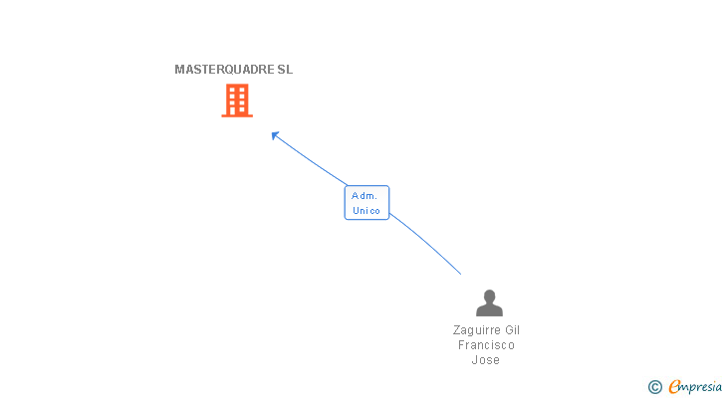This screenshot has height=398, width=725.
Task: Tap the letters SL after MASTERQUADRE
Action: [286, 70]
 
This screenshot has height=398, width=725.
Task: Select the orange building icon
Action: [237, 100]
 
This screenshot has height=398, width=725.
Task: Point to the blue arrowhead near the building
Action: [275, 135]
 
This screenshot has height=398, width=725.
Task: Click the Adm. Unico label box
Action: [366, 203]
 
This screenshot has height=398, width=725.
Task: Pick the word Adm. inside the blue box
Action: [364, 196]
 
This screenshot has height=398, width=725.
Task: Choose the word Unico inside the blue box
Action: [366, 210]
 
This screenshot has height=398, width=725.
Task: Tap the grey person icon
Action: [489, 302]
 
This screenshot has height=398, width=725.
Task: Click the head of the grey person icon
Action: [489, 297]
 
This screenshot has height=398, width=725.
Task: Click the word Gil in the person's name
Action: [512, 330]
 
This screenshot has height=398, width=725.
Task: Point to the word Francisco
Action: [487, 345]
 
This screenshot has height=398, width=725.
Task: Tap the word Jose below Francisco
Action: [486, 360]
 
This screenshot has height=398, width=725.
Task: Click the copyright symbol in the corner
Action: [655, 386]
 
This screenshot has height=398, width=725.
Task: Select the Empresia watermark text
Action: [695, 386]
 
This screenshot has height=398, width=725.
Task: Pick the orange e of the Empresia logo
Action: [674, 386]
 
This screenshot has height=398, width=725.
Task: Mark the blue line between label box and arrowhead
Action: [311, 160]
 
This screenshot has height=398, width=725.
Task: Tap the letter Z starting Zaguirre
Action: [456, 330]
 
